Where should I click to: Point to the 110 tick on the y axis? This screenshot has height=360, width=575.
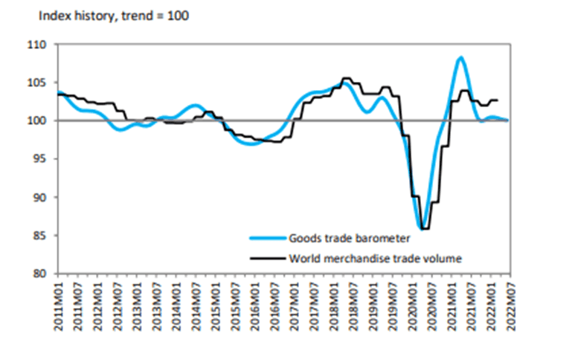click(39, 45)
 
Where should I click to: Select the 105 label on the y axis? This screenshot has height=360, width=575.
click(39, 83)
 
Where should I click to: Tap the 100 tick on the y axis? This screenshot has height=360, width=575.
click(39, 120)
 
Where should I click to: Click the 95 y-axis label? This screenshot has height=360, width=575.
click(41, 159)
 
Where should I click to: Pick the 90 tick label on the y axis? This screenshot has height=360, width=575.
click(41, 197)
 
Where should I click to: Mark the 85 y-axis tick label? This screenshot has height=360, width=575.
click(41, 236)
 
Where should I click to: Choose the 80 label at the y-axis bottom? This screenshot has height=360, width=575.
click(41, 274)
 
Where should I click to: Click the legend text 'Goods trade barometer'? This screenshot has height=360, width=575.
click(347, 238)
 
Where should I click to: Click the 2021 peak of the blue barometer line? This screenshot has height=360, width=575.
click(461, 57)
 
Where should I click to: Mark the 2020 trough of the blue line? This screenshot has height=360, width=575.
click(422, 228)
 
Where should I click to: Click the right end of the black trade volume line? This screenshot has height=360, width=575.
click(498, 100)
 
